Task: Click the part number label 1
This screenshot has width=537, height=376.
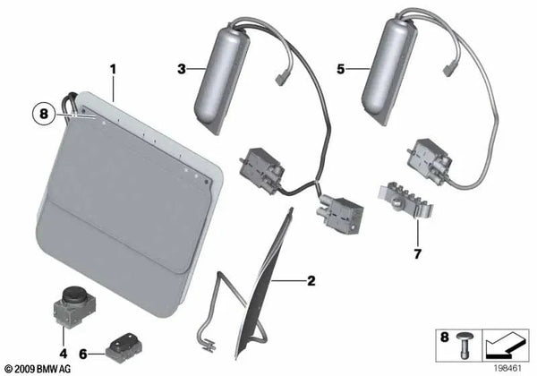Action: coord(113,68)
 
